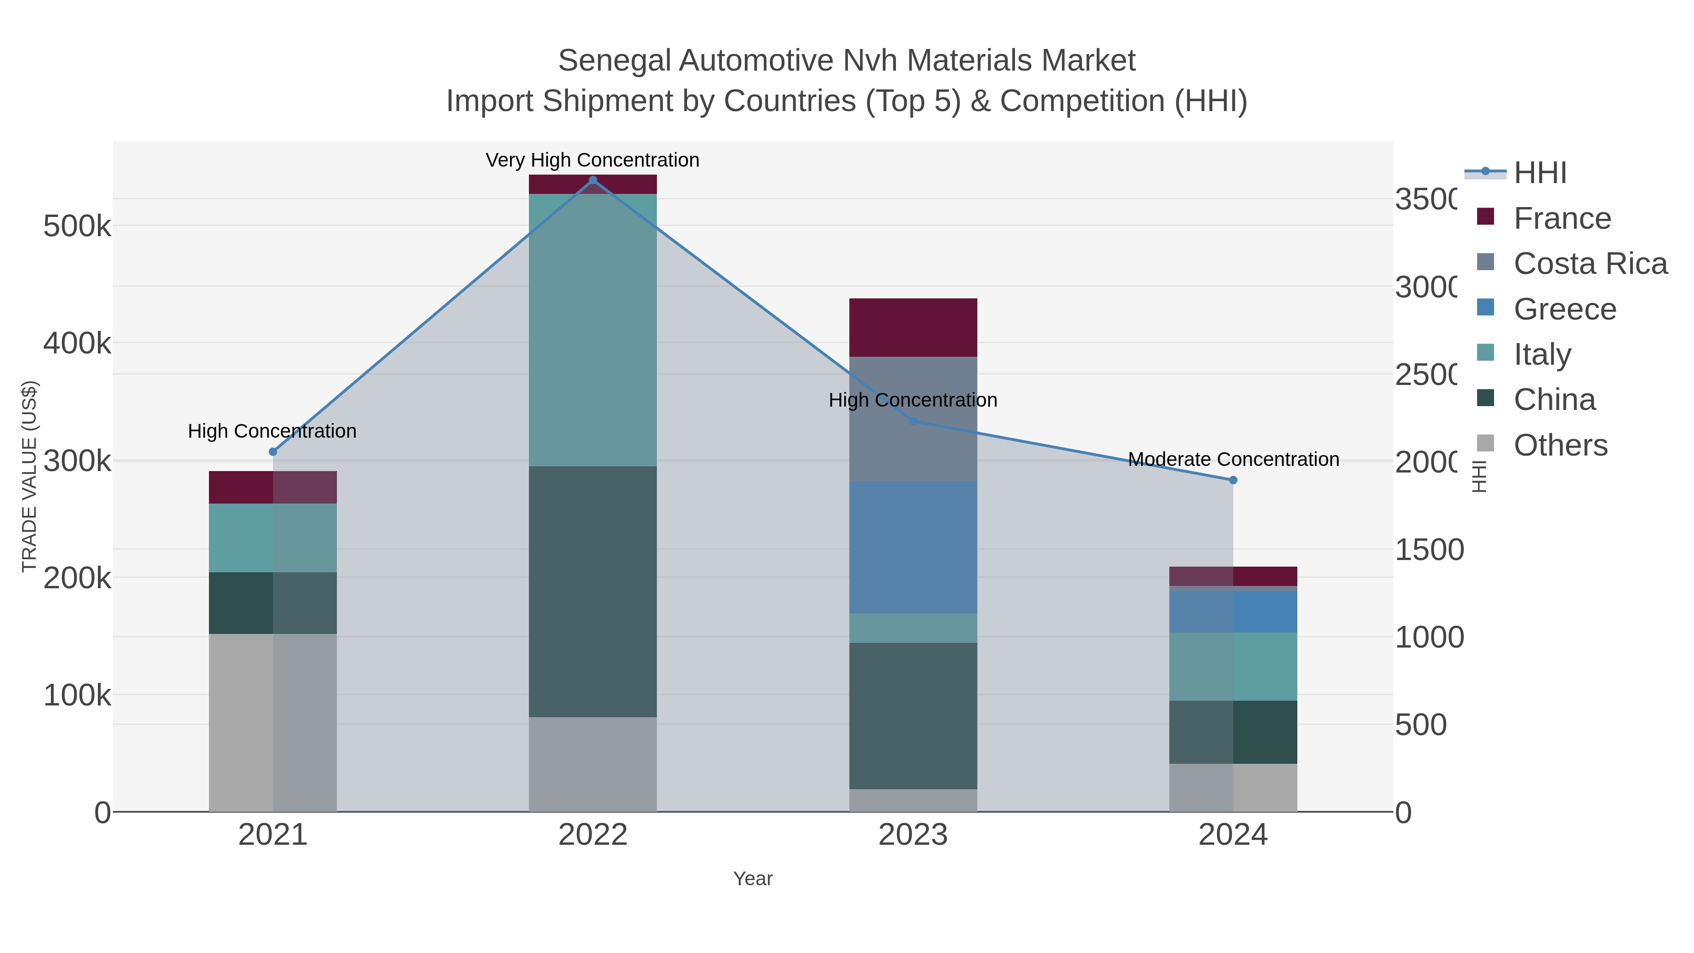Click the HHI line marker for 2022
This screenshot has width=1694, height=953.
pyautogui.click(x=592, y=180)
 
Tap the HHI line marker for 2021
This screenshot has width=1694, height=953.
pyautogui.click(x=273, y=452)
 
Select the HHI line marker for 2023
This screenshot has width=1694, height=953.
pyautogui.click(x=913, y=421)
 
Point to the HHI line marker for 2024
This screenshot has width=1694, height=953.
pyautogui.click(x=1233, y=480)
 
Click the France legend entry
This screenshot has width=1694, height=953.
pyautogui.click(x=1562, y=218)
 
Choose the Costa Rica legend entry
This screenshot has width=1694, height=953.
pyautogui.click(x=1590, y=264)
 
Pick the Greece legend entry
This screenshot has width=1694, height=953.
pyautogui.click(x=1565, y=309)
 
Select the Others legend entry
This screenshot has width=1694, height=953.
pyautogui.click(x=1560, y=445)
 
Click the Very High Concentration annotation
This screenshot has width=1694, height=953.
pyautogui.click(x=592, y=160)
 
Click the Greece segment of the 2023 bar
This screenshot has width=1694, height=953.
pyautogui.click(x=913, y=547)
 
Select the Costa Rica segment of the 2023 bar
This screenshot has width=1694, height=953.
pyautogui.click(x=913, y=419)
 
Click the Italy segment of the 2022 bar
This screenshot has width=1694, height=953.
pyautogui.click(x=592, y=330)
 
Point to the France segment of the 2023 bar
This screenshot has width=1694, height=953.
pyautogui.click(x=913, y=328)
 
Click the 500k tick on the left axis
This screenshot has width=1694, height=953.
pyautogui.click(x=77, y=227)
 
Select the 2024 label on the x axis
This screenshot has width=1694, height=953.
pyautogui.click(x=1233, y=835)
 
